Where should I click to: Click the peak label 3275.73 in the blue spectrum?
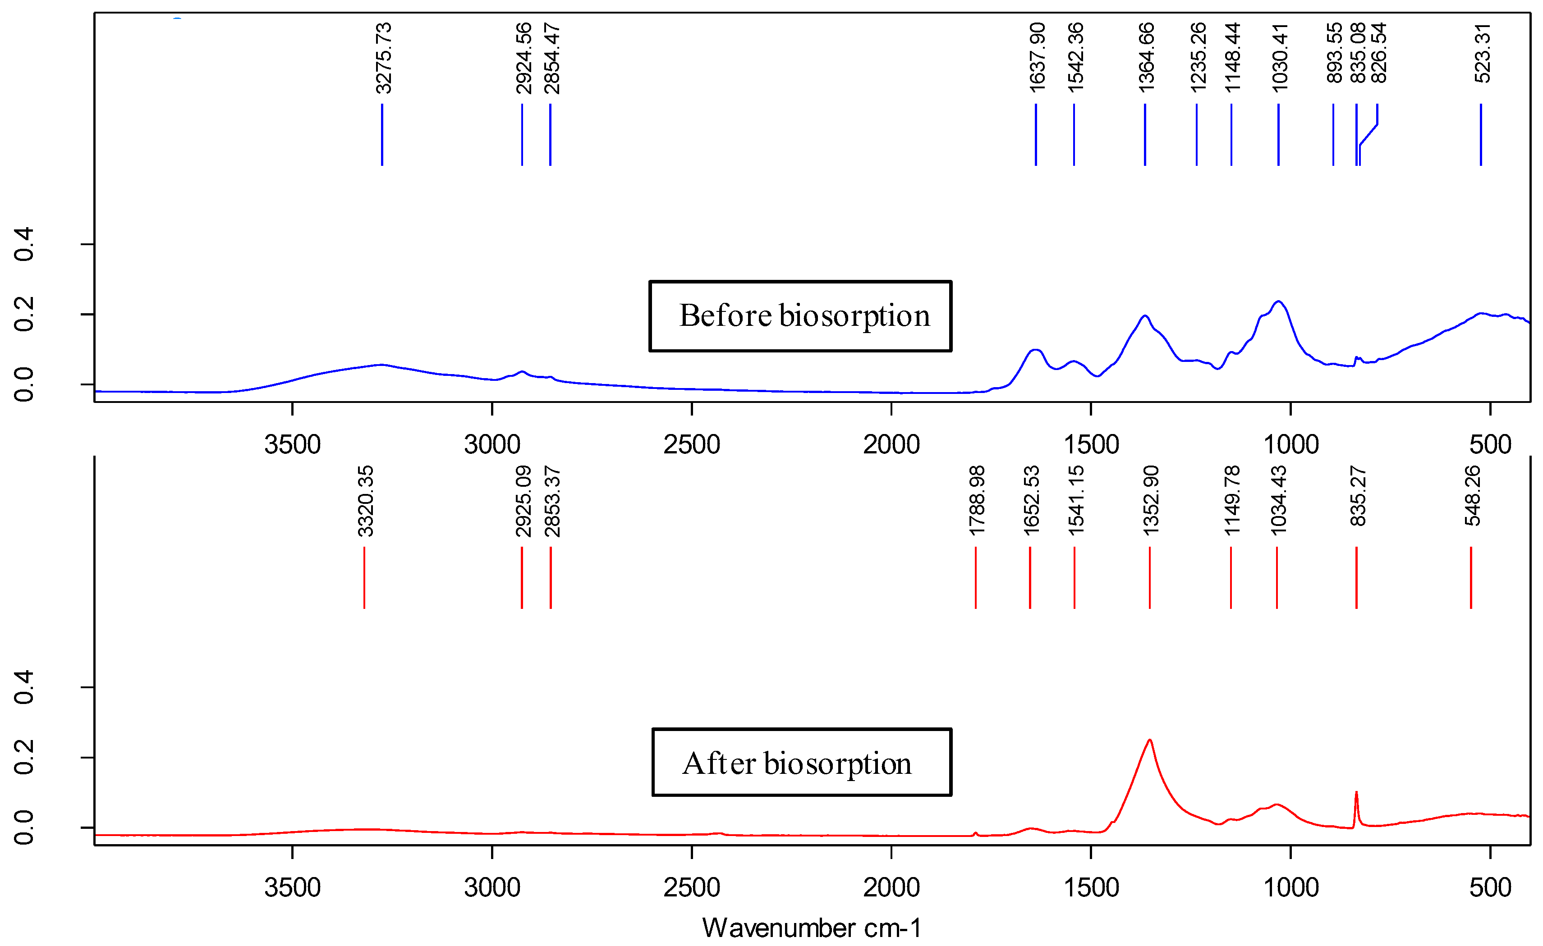click(x=383, y=58)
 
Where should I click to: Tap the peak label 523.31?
click(x=1482, y=53)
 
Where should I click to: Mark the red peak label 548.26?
click(x=1473, y=496)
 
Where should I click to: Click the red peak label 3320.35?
click(x=365, y=501)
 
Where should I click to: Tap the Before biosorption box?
click(x=800, y=316)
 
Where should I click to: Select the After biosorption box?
click(x=802, y=763)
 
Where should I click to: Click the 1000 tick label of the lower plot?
click(x=1290, y=888)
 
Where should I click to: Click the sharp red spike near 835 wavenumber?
click(x=1356, y=794)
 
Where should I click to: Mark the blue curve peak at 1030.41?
click(x=1279, y=302)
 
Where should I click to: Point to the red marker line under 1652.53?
click(x=1030, y=577)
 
